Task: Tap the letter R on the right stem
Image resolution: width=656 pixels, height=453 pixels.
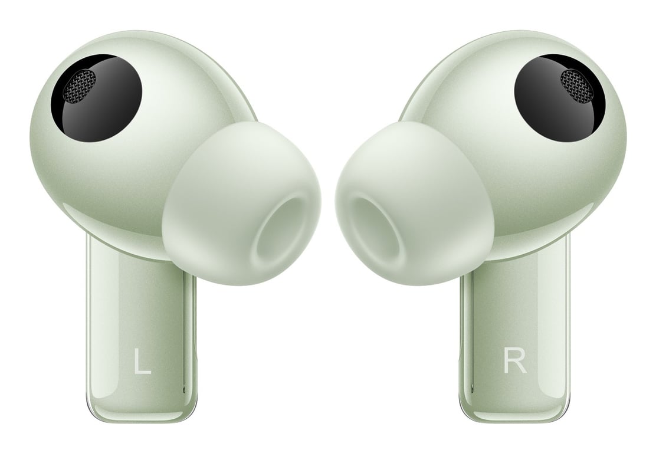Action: [x=514, y=361]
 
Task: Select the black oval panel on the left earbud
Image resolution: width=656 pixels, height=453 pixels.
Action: [x=97, y=97]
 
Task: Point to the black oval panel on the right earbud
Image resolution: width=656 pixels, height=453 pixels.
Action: [x=560, y=97]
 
